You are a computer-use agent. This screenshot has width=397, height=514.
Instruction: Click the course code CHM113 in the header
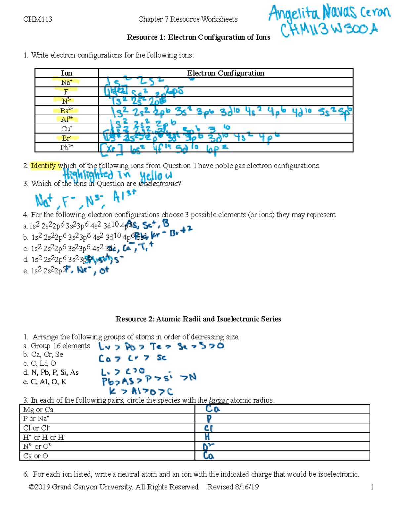(38, 19)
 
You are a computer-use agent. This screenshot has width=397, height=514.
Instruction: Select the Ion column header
(66, 73)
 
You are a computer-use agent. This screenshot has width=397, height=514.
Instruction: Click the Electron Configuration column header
(226, 73)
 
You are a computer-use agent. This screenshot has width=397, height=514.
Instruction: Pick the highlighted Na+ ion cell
(66, 82)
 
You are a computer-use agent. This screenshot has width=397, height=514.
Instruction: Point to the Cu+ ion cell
(66, 129)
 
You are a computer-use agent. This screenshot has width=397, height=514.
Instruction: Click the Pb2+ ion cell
(66, 147)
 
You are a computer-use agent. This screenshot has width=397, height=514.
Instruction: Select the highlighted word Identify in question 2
(43, 166)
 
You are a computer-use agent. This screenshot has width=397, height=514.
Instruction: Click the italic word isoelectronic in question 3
(158, 184)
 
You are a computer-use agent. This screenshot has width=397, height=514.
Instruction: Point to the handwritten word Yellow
(156, 176)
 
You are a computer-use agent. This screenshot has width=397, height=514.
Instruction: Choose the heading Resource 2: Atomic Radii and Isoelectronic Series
(198, 319)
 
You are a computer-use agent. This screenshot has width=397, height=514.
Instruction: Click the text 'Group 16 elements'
(60, 346)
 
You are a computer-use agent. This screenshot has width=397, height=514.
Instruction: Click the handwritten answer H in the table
(207, 437)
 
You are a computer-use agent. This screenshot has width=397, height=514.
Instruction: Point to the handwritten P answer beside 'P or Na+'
(209, 419)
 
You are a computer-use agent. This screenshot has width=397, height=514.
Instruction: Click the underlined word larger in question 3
(219, 400)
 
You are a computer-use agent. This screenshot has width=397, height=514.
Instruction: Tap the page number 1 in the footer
(372, 487)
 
